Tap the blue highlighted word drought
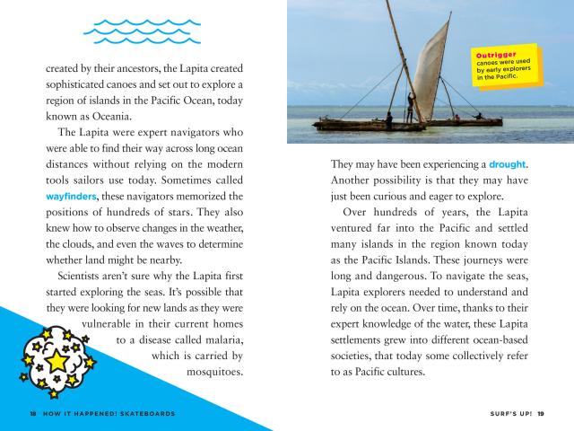(x=508, y=165)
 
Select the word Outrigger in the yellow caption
(x=492, y=56)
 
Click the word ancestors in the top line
(x=136, y=68)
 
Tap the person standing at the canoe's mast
(x=408, y=107)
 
